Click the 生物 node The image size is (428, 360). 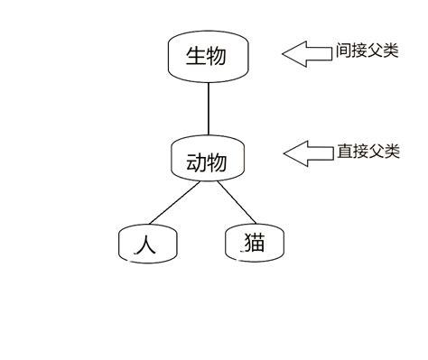(207, 57)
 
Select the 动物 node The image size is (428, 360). (207, 162)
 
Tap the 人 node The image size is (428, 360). (147, 243)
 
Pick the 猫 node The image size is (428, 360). (255, 243)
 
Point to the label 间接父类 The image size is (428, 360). (367, 51)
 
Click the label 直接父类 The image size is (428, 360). (368, 152)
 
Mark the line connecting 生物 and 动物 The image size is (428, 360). (209, 108)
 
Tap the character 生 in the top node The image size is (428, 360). (196, 57)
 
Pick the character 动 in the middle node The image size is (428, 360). (196, 162)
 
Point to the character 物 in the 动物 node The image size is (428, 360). (218, 162)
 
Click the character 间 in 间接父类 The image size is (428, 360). (343, 51)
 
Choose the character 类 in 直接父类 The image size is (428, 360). (391, 152)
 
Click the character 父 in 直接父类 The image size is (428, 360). (376, 152)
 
